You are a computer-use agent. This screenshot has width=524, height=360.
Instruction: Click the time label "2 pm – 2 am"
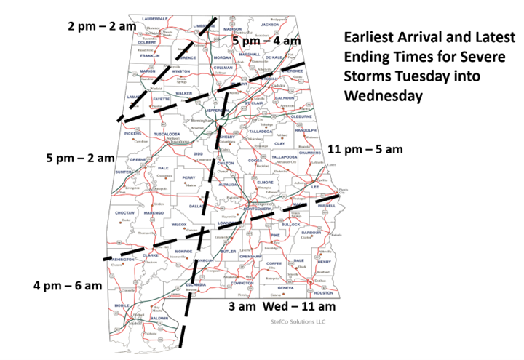tap(102, 25)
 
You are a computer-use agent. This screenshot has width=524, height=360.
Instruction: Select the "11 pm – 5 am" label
tap(365, 149)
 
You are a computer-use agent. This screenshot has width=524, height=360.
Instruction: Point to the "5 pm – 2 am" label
tap(80, 158)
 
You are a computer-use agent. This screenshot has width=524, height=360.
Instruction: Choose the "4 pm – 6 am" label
tap(67, 285)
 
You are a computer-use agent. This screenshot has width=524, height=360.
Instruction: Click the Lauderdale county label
tap(155, 18)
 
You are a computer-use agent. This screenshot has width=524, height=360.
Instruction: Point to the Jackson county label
tap(270, 25)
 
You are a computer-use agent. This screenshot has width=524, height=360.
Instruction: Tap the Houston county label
tap(323, 292)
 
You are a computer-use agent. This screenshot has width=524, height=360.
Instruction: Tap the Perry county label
tap(189, 177)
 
